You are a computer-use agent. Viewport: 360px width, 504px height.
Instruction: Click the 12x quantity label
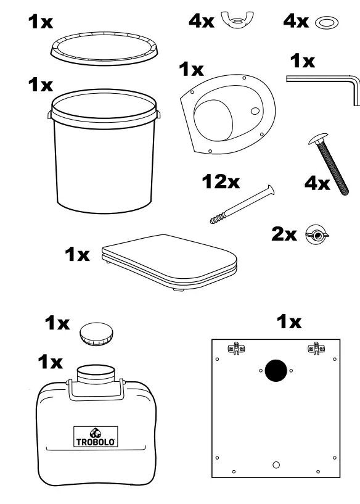(223, 183)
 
